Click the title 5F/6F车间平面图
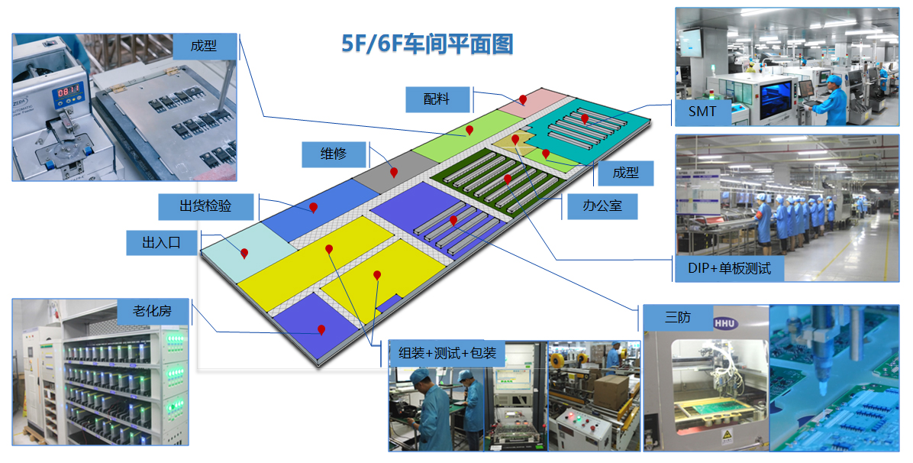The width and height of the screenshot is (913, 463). [x=427, y=44]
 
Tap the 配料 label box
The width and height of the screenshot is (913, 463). [x=437, y=99]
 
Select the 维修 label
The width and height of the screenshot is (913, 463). [x=334, y=154]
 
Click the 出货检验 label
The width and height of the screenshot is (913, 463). [x=205, y=206]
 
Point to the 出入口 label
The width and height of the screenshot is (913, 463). [x=161, y=243]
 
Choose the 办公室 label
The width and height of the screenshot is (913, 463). [x=602, y=206]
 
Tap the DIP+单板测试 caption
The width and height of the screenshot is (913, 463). [x=730, y=268]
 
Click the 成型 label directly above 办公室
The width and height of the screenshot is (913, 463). [x=625, y=173]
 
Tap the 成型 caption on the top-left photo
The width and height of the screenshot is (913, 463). [x=204, y=46]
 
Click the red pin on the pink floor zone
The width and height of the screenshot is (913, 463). [x=523, y=100]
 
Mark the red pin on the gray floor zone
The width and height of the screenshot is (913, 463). [x=394, y=173]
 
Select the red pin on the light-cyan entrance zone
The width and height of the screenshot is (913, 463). [x=244, y=253]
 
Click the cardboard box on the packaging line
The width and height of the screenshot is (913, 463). [x=608, y=392]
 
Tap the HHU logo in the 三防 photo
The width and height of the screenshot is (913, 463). [x=726, y=324]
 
